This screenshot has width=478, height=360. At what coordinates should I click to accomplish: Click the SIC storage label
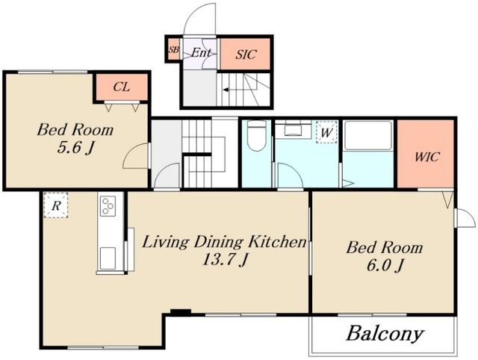tap(246, 55)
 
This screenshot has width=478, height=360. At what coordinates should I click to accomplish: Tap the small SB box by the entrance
tap(174, 49)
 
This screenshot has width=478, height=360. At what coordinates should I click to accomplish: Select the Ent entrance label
tap(201, 53)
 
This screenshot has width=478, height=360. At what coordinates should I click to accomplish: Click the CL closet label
tap(121, 87)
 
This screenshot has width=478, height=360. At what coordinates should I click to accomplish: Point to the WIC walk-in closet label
tap(426, 157)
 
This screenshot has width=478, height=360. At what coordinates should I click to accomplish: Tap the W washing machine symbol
tap(326, 132)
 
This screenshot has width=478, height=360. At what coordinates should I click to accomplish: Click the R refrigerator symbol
tap(56, 205)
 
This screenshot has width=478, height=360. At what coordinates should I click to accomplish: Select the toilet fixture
tap(257, 136)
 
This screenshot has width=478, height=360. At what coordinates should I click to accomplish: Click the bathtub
tap(368, 135)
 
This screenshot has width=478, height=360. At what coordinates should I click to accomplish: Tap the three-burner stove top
tap(108, 206)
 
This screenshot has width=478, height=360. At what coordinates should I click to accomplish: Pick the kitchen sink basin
tap(108, 258)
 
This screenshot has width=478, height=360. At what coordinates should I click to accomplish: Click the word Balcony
tap(385, 334)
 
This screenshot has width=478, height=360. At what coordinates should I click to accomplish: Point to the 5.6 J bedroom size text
tap(75, 149)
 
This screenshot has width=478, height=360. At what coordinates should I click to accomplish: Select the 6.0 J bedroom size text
tap(385, 266)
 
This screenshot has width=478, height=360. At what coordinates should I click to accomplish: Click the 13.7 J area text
tap(225, 260)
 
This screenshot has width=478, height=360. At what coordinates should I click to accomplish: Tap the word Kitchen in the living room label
tap(277, 242)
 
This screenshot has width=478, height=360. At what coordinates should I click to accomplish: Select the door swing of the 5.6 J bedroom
tap(135, 156)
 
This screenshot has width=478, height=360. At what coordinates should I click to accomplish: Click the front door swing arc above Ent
tap(199, 19)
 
